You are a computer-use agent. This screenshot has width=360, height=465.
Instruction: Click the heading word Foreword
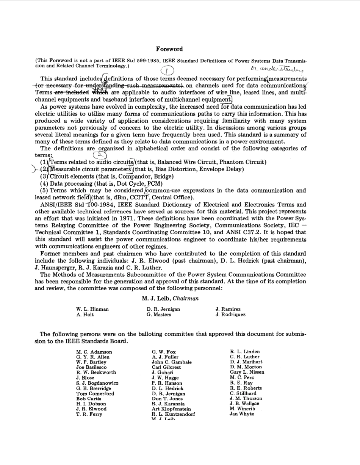pos(169,49)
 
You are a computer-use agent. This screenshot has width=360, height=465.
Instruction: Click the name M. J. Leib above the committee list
pos(156,299)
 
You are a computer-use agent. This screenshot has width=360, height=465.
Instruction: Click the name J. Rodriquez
pos(230,315)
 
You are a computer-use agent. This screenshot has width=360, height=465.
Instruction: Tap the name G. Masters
pos(159,315)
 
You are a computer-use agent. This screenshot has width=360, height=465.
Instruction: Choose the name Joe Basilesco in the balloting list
pos(91,367)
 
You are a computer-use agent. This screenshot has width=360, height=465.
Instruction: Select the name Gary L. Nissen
pos(247,372)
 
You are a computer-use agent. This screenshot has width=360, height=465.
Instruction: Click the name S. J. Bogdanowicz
pos(97,383)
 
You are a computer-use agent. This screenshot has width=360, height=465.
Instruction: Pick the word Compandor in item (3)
pos(131,176)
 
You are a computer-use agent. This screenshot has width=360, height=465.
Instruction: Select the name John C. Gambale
pos(171,362)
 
